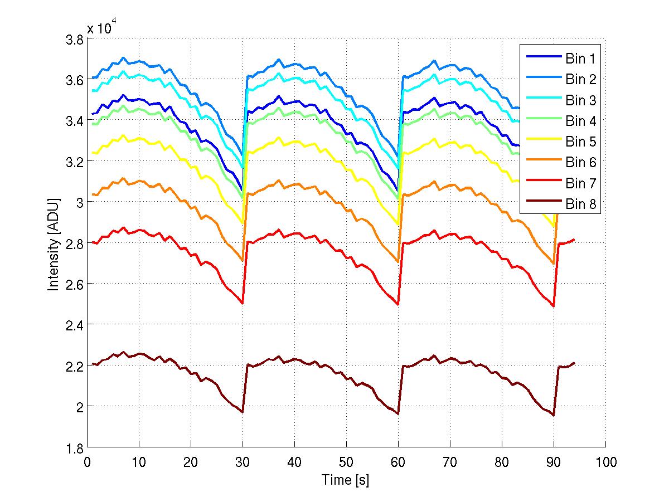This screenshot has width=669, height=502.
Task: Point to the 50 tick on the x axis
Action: [x=346, y=462]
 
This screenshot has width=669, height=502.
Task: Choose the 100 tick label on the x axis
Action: [x=605, y=462]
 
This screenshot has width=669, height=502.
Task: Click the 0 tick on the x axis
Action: [x=87, y=462]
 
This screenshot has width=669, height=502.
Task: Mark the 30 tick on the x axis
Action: [x=243, y=462]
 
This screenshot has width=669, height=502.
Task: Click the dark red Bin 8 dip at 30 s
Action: [x=243, y=412]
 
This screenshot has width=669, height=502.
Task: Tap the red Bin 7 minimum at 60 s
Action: [x=398, y=304]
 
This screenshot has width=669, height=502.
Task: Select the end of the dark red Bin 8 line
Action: [x=574, y=363]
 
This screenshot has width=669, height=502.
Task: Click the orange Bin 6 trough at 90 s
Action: [x=554, y=264]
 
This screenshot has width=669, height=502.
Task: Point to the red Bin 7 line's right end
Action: [x=574, y=240]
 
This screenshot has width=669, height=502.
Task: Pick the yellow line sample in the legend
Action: [x=542, y=142]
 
